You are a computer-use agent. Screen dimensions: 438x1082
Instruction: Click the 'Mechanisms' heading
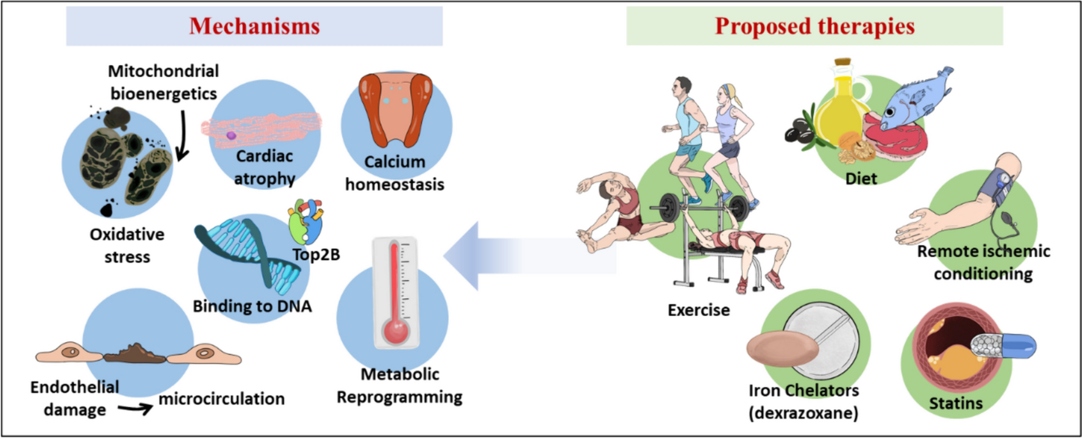click(254, 26)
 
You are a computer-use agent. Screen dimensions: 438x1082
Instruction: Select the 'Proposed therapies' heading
click(814, 26)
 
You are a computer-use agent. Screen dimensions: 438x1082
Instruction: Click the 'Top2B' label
click(316, 254)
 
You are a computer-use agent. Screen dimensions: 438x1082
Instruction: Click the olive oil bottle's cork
click(843, 63)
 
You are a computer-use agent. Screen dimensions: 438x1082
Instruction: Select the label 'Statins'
click(955, 403)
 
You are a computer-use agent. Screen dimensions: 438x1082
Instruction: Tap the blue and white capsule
click(1003, 346)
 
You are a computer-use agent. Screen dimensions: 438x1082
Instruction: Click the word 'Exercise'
click(699, 310)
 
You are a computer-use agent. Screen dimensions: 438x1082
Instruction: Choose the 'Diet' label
click(861, 178)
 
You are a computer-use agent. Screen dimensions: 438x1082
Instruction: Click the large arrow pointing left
click(524, 255)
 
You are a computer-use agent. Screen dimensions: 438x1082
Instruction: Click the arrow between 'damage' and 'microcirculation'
click(135, 409)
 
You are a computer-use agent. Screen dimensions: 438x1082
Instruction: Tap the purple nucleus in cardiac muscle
click(231, 136)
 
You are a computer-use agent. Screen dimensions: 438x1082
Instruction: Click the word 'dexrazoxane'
click(803, 413)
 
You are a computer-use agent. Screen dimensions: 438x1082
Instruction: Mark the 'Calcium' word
click(394, 162)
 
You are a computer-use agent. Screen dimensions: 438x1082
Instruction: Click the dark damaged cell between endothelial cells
click(134, 353)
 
